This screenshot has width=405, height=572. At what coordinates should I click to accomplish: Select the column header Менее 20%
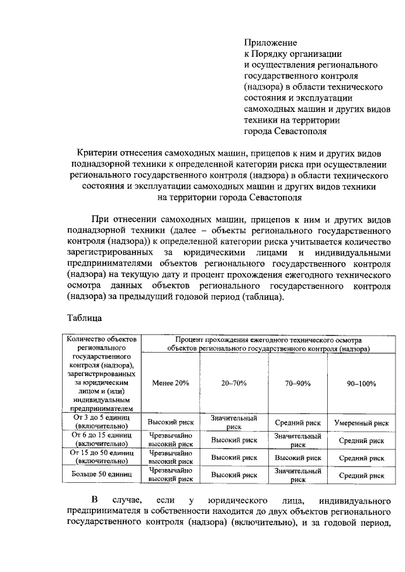click(x=170, y=383)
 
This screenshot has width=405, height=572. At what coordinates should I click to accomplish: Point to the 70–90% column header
click(x=297, y=383)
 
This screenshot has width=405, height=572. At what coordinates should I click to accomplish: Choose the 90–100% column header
click(x=361, y=383)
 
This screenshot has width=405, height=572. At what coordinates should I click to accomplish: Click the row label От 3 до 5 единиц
click(x=102, y=422)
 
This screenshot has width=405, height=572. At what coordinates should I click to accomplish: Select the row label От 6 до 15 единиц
click(x=102, y=440)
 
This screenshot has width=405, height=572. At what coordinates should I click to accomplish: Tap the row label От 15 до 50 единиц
click(x=102, y=457)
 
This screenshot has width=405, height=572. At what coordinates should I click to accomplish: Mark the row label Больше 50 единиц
click(x=102, y=474)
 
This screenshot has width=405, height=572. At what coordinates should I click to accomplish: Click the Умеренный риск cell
click(x=361, y=423)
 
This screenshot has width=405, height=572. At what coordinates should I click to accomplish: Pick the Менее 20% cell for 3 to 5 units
click(x=170, y=423)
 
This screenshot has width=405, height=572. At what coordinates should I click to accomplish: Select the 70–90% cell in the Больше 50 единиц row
click(x=297, y=475)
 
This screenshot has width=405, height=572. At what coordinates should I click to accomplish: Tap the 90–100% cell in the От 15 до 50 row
click(x=361, y=458)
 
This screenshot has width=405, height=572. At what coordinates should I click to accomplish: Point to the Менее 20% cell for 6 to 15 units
click(x=170, y=440)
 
